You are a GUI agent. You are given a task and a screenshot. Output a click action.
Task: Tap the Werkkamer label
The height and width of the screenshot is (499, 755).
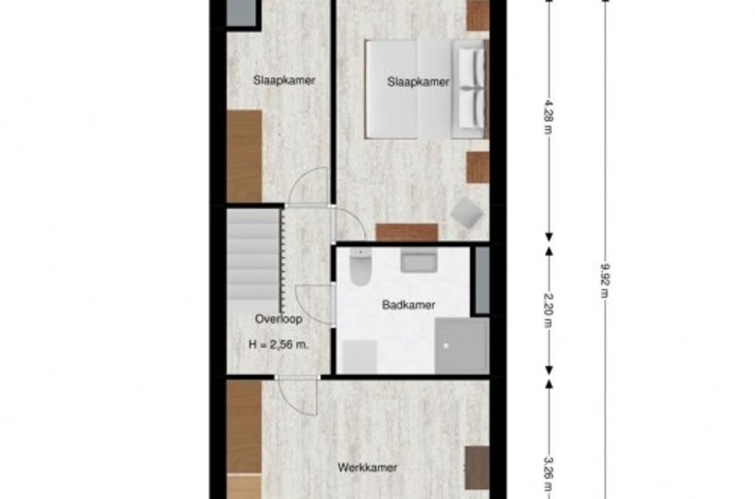tap(367, 467)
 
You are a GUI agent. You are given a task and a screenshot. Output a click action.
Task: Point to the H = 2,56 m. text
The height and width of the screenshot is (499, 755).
tap(279, 346)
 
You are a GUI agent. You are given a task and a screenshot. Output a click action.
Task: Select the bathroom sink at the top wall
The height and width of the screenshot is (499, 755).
tap(417, 261)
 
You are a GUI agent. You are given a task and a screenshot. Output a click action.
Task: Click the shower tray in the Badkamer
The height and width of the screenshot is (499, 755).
tap(461, 345)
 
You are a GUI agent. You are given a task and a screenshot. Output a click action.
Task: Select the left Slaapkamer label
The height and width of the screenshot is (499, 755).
tap(284, 80)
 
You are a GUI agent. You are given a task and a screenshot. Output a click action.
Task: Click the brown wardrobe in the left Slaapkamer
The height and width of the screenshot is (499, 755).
tap(244, 156)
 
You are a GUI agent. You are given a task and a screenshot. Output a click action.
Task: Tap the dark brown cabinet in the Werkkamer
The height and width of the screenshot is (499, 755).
tap(476, 467)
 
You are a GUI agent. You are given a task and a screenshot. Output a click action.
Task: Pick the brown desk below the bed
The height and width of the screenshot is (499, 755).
tap(407, 232)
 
